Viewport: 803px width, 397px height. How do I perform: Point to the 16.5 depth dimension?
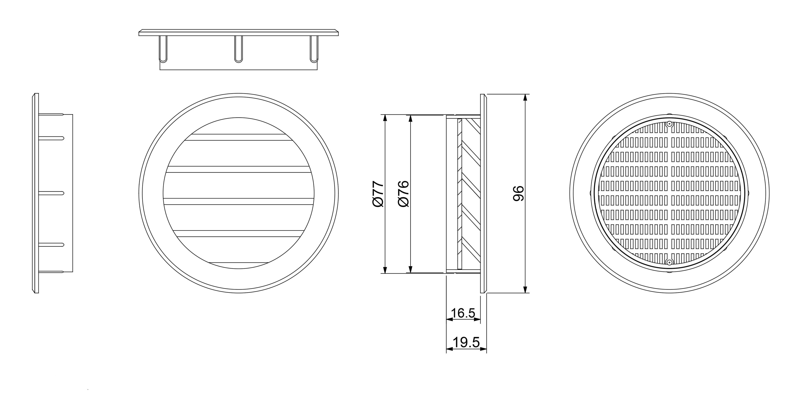(x=463, y=313)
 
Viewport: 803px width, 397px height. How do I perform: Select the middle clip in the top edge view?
(x=238, y=49)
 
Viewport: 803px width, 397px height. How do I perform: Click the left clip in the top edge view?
(x=163, y=49)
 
